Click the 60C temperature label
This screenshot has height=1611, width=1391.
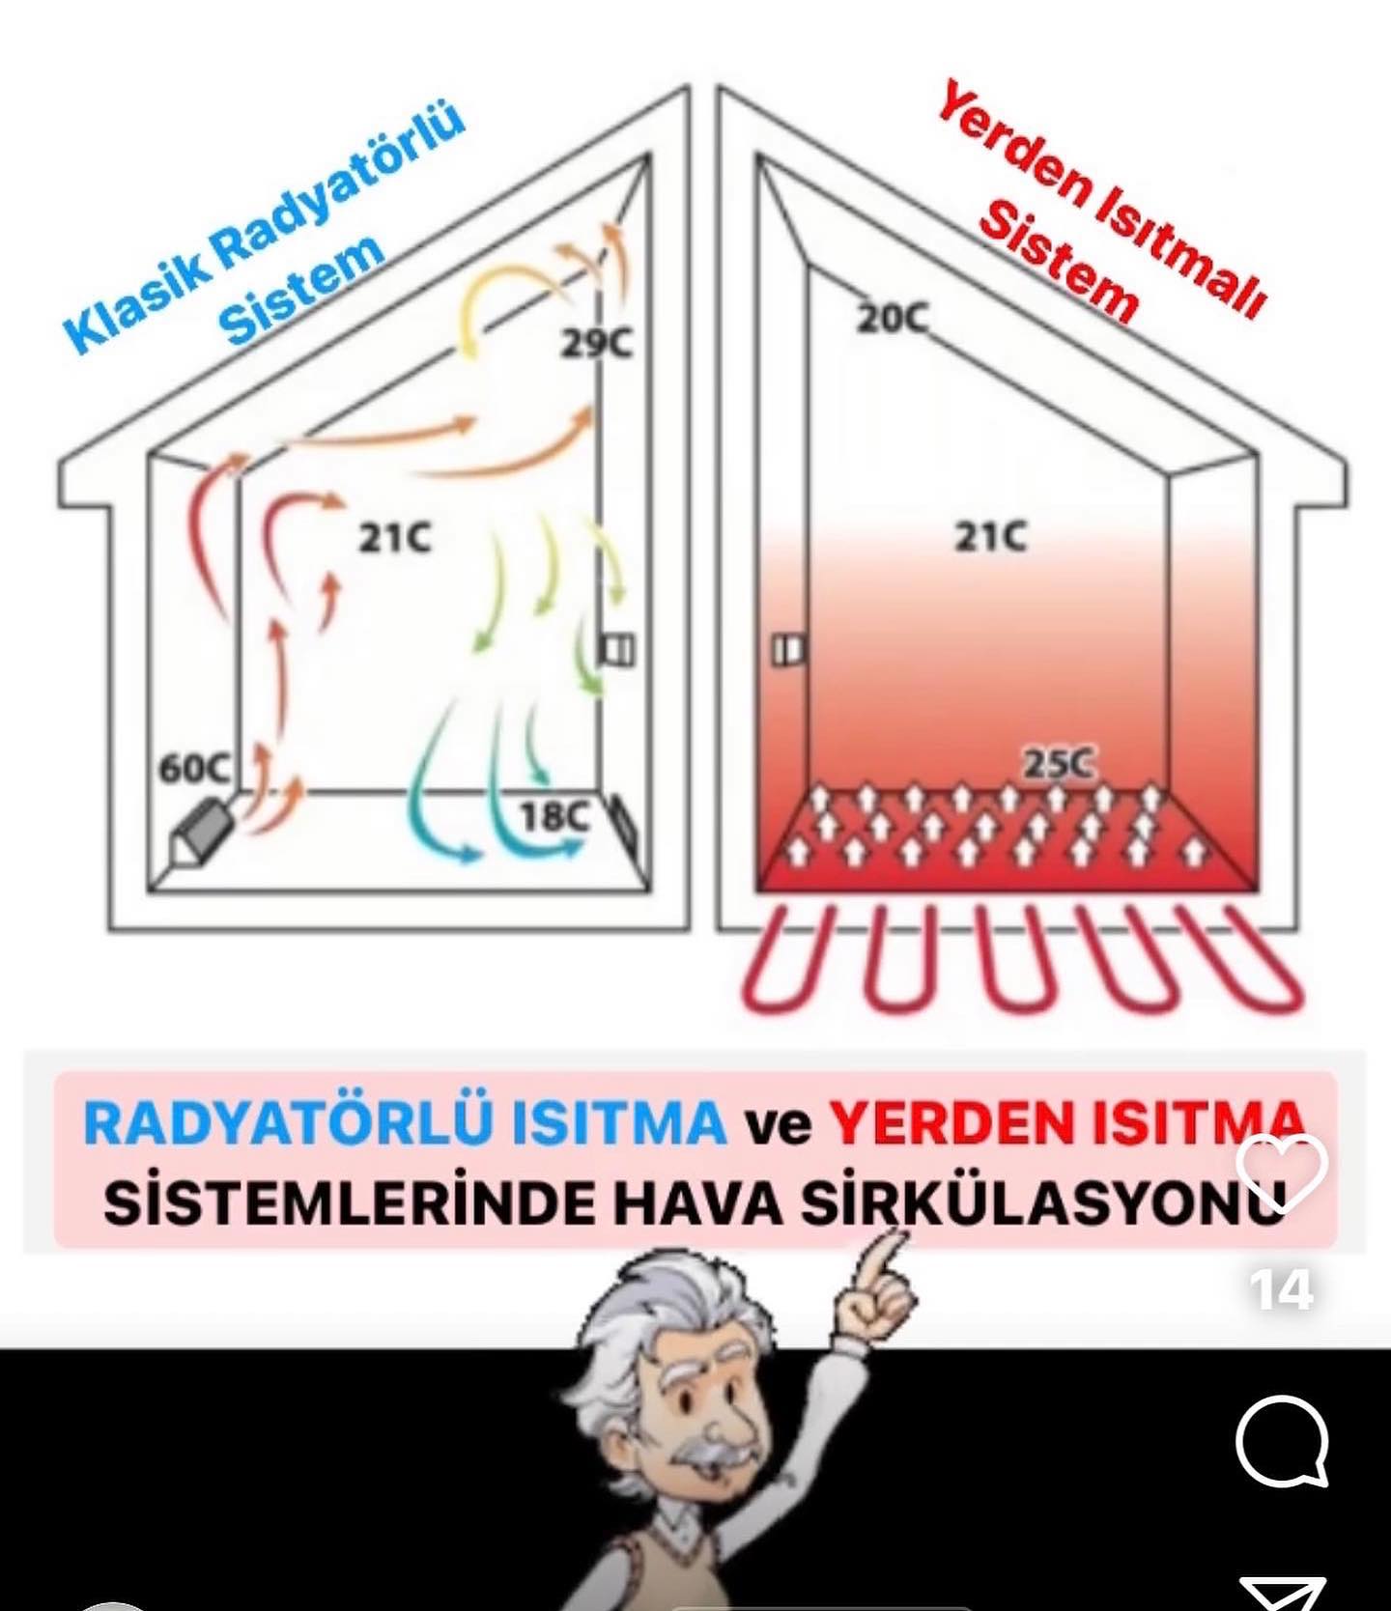coord(194,769)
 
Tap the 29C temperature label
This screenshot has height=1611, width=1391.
coord(598,343)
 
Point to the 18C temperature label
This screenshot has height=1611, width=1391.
coord(554,817)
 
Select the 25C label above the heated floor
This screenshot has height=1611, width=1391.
coord(1059,765)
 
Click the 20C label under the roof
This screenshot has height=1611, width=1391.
coord(891,318)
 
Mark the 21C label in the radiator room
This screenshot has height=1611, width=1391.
coord(394,538)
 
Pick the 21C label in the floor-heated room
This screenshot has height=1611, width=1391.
coord(990,536)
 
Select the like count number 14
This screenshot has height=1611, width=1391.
coord(1281,1290)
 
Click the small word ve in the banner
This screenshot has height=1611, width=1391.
coord(777,1126)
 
